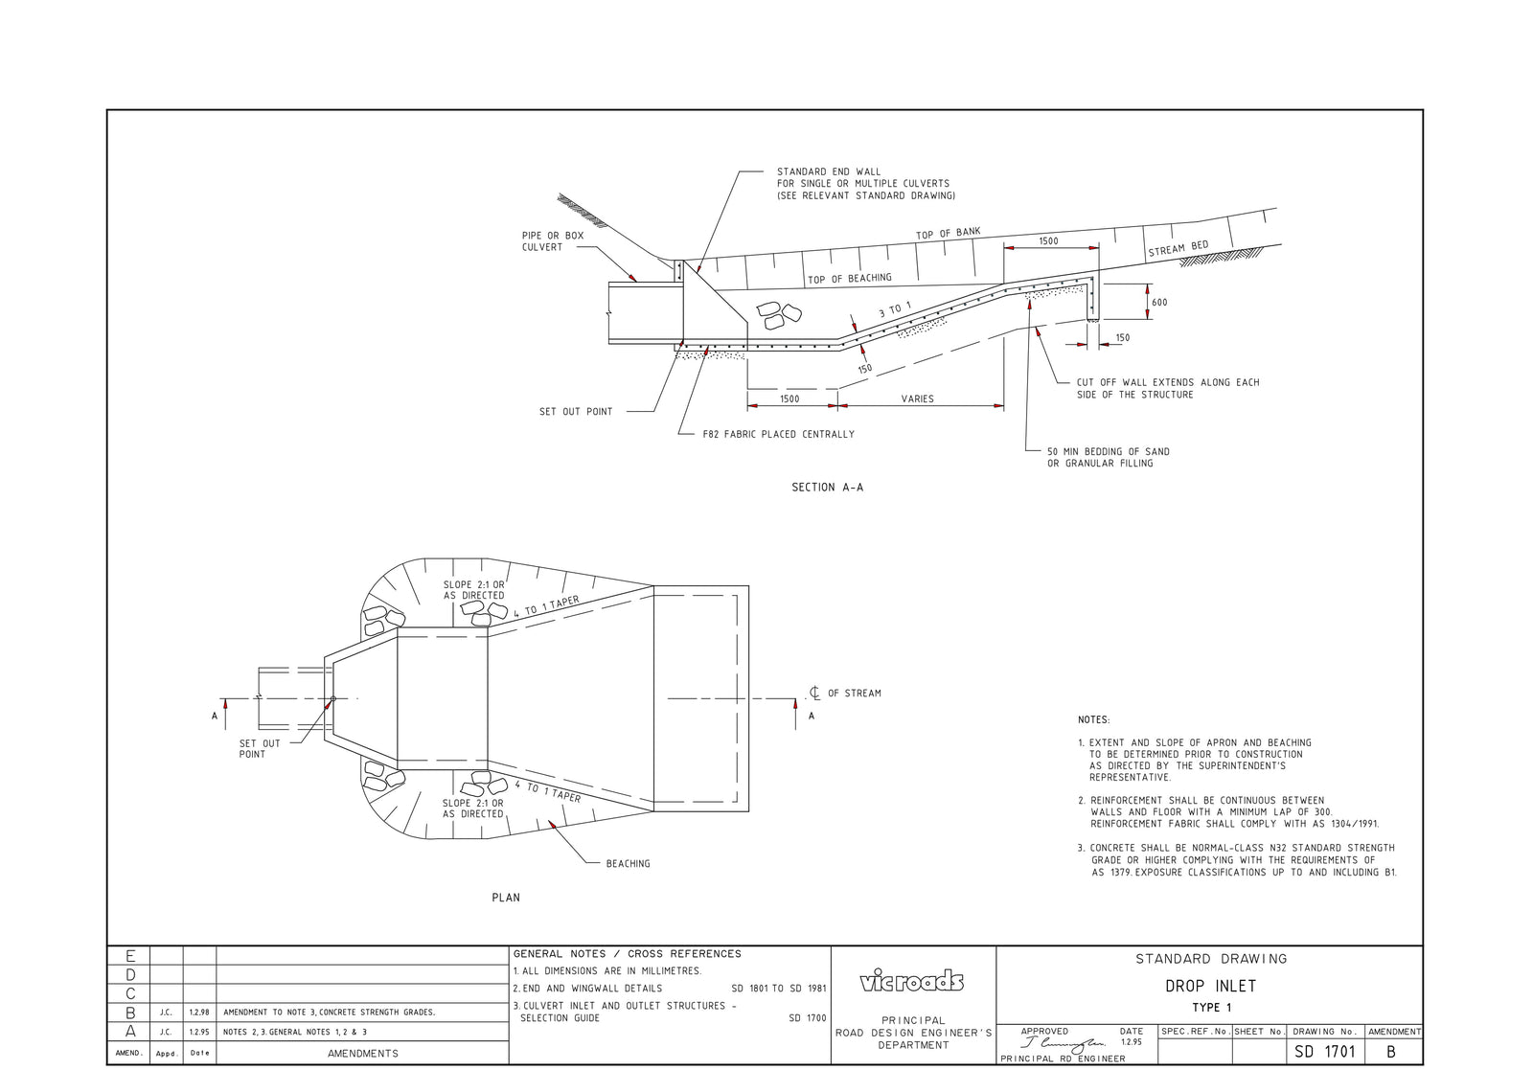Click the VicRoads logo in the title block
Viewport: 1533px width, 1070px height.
(912, 981)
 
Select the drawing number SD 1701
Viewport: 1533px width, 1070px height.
(1324, 1052)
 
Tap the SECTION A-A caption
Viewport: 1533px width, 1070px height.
(827, 488)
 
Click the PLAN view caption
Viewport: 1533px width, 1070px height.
(506, 898)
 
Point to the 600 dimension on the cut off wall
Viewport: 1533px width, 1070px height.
(1159, 303)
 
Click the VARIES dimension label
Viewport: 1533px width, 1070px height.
(917, 398)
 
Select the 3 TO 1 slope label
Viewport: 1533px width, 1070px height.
(895, 310)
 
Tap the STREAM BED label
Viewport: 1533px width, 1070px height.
(1178, 249)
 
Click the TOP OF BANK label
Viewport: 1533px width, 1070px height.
(948, 234)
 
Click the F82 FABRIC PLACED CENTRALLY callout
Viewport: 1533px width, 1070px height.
(778, 434)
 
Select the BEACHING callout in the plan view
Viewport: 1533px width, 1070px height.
(628, 864)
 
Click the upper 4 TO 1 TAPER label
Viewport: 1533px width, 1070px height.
(546, 606)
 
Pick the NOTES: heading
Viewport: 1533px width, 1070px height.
(1093, 719)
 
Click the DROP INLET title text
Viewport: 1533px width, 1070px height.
(1210, 986)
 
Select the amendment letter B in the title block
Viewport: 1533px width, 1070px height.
(1391, 1052)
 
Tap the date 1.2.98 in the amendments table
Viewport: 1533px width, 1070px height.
(199, 1013)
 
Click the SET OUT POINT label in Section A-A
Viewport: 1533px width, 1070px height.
(575, 412)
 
